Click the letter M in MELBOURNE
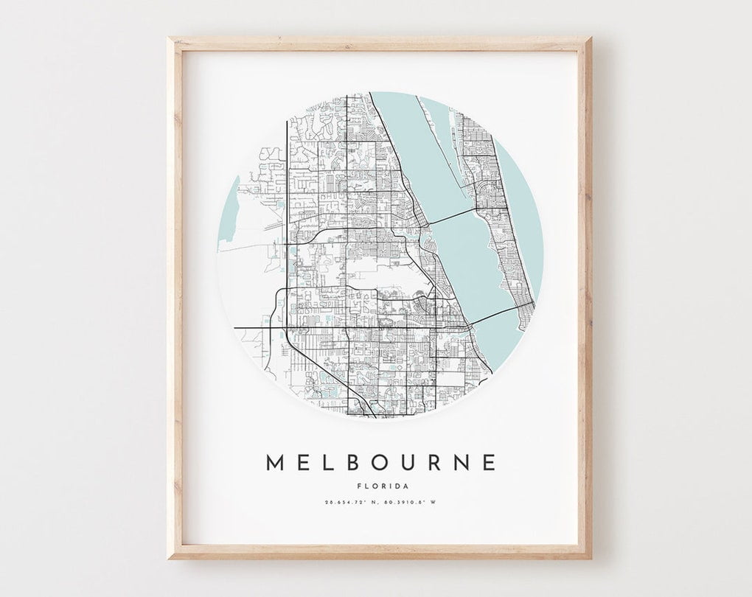click(x=275, y=462)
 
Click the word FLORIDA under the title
click(x=380, y=486)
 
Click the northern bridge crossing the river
click(x=451, y=214)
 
